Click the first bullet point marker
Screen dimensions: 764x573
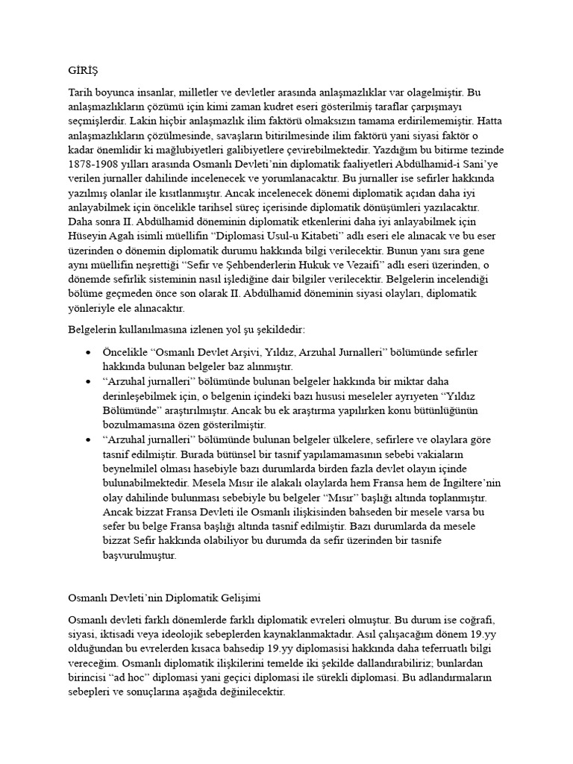pyautogui.click(x=90, y=352)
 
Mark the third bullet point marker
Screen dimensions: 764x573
pyautogui.click(x=90, y=439)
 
